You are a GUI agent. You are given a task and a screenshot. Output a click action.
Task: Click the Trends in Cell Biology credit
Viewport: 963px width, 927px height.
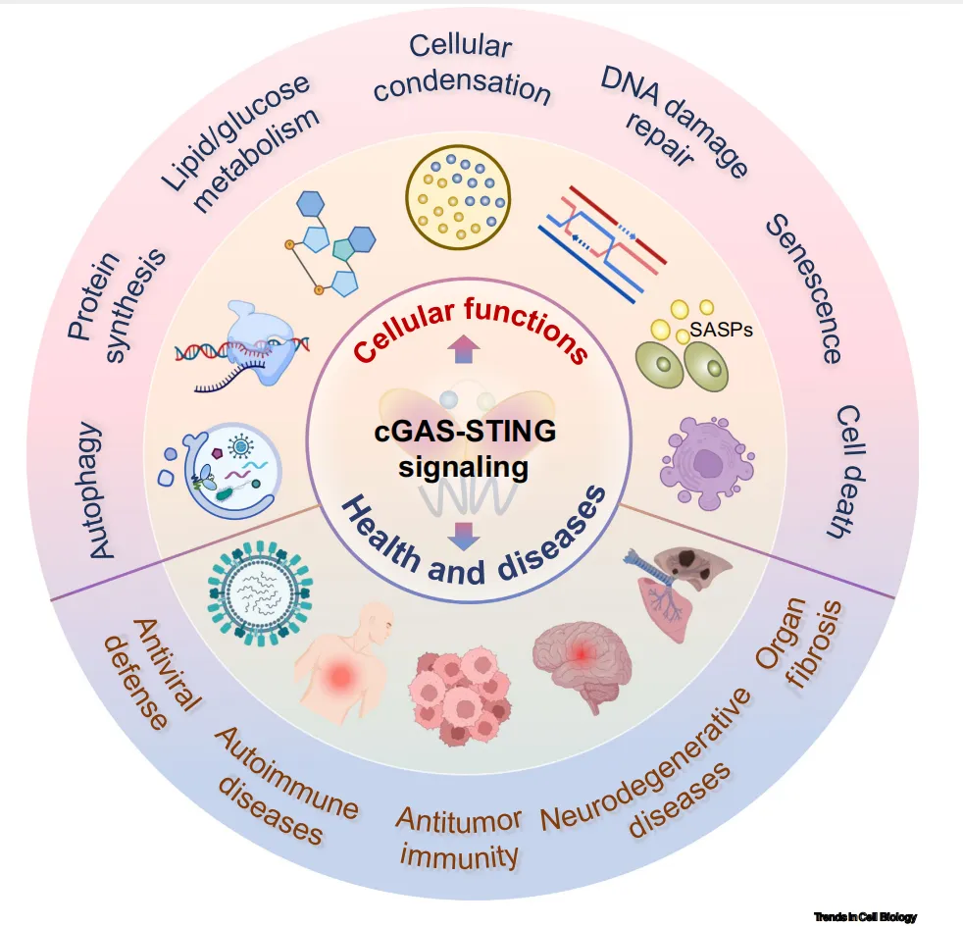[864, 917]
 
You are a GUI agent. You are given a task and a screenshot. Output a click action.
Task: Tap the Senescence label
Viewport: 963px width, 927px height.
[804, 288]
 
